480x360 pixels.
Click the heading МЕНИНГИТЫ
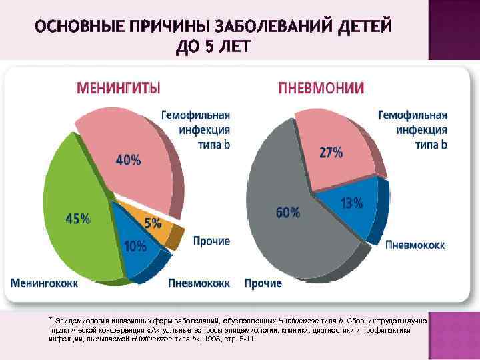tap(119, 87)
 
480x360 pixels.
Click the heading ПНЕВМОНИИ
tap(321, 88)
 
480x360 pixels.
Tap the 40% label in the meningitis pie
tap(129, 160)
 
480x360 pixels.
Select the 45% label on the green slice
tap(77, 219)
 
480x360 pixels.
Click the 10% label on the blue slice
tap(135, 246)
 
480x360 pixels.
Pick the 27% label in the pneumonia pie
tap(331, 152)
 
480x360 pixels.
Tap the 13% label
tap(352, 202)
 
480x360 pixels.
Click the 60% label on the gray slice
tap(288, 213)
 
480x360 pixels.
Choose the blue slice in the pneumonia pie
tap(347, 213)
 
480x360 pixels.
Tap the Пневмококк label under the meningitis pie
tap(199, 283)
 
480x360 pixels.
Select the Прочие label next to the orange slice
tap(211, 241)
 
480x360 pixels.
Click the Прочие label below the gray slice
tap(263, 283)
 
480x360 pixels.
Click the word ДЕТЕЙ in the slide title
tap(357, 27)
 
